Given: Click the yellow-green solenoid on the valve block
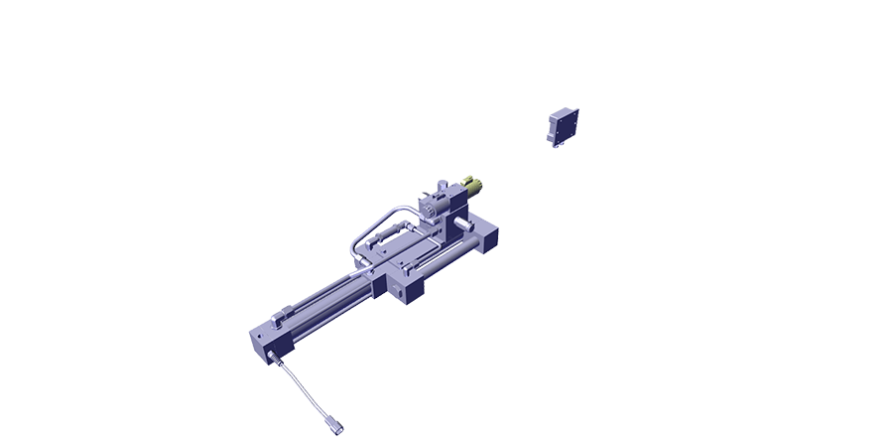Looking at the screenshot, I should coord(473,186).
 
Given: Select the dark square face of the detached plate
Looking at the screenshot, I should coord(568,125).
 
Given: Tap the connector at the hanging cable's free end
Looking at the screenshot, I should coord(336,426).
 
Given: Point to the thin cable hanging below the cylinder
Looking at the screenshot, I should coord(302,386).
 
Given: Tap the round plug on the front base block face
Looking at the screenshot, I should coord(398,291).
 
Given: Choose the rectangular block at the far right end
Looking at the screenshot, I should coord(488,238).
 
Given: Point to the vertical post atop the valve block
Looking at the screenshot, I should coord(442,188).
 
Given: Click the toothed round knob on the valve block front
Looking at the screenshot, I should coord(429,210).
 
